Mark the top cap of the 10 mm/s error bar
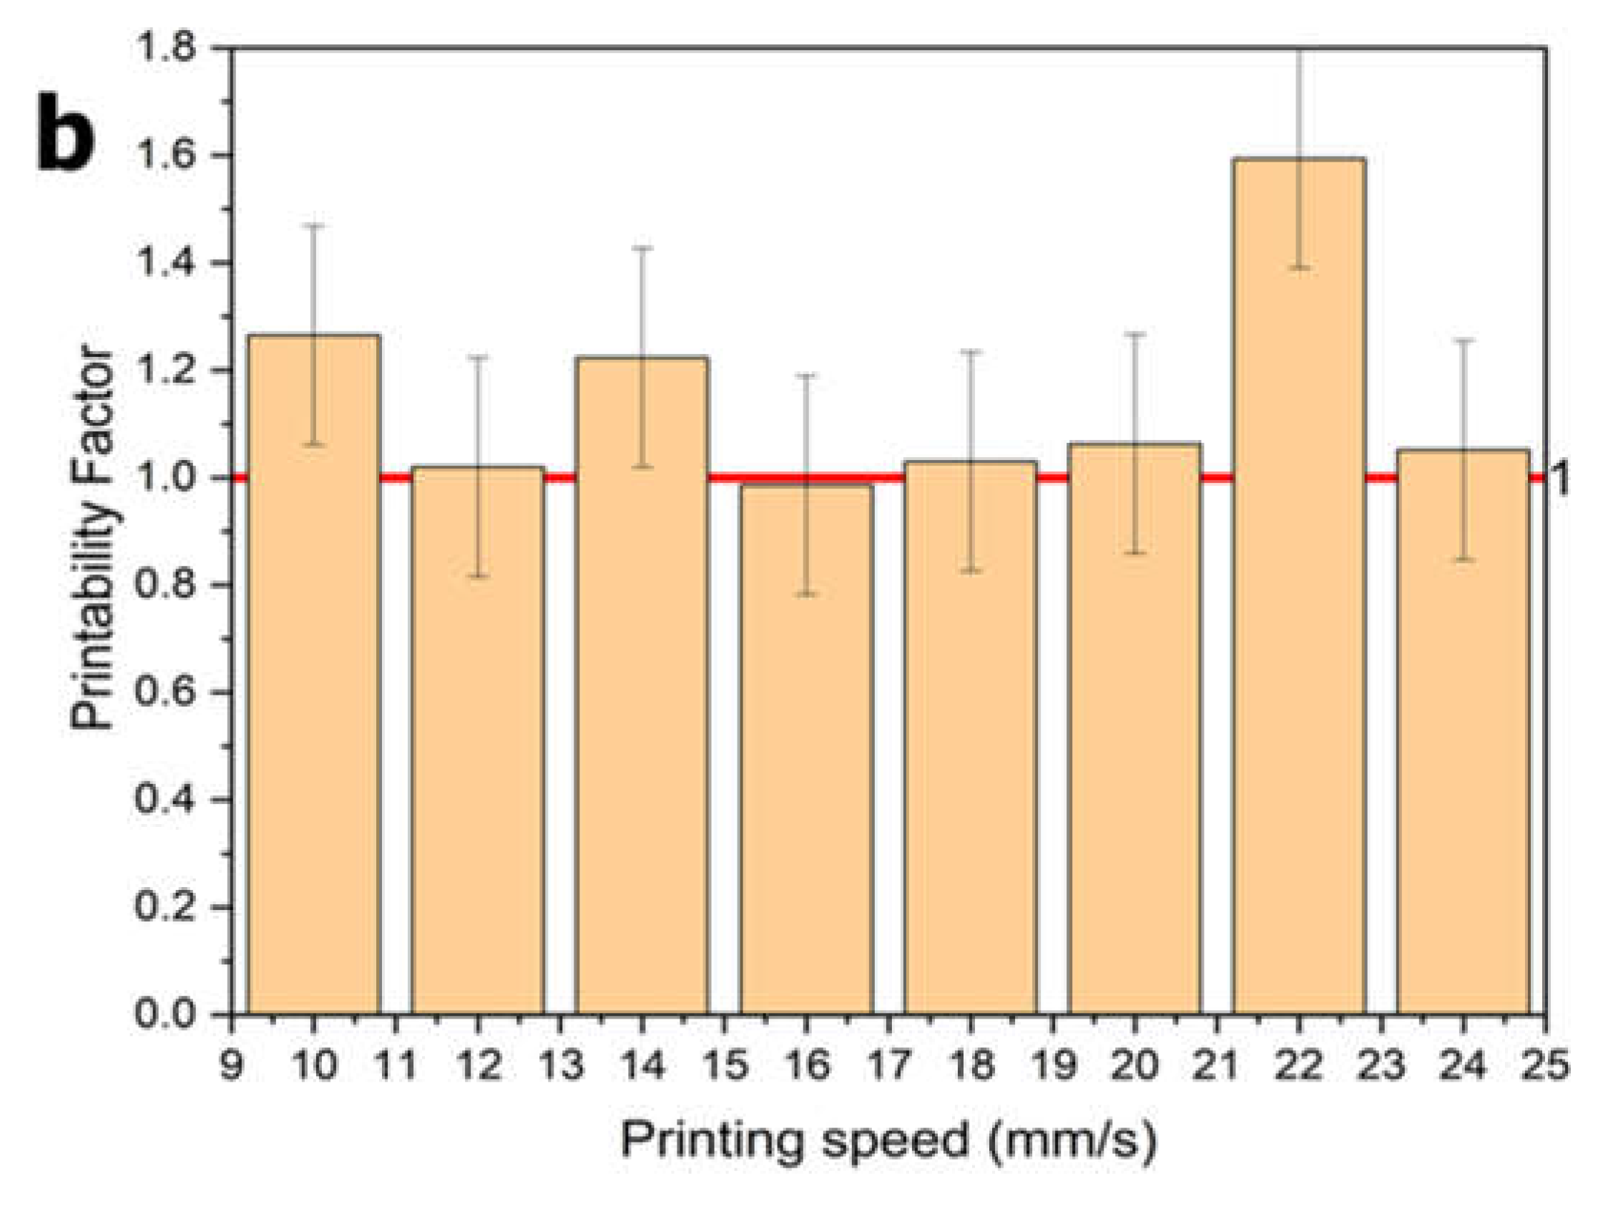314,226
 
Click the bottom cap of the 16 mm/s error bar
807,594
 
